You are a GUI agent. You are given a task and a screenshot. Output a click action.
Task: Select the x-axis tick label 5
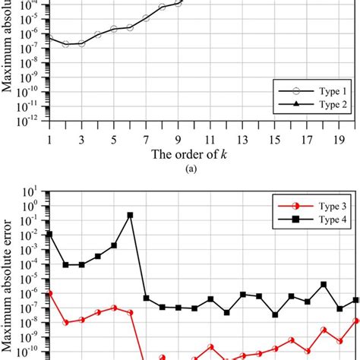click(113, 140)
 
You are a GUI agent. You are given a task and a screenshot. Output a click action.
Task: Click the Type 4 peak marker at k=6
click(130, 215)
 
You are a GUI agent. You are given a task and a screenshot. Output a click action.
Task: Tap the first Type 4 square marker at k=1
click(49, 235)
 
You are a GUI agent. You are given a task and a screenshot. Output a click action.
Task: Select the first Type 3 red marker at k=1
click(49, 293)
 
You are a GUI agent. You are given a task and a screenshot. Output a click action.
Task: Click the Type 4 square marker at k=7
click(146, 298)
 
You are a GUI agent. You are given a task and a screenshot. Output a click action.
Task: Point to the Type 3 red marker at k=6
click(130, 312)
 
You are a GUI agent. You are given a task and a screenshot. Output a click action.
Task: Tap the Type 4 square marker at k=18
click(324, 284)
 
